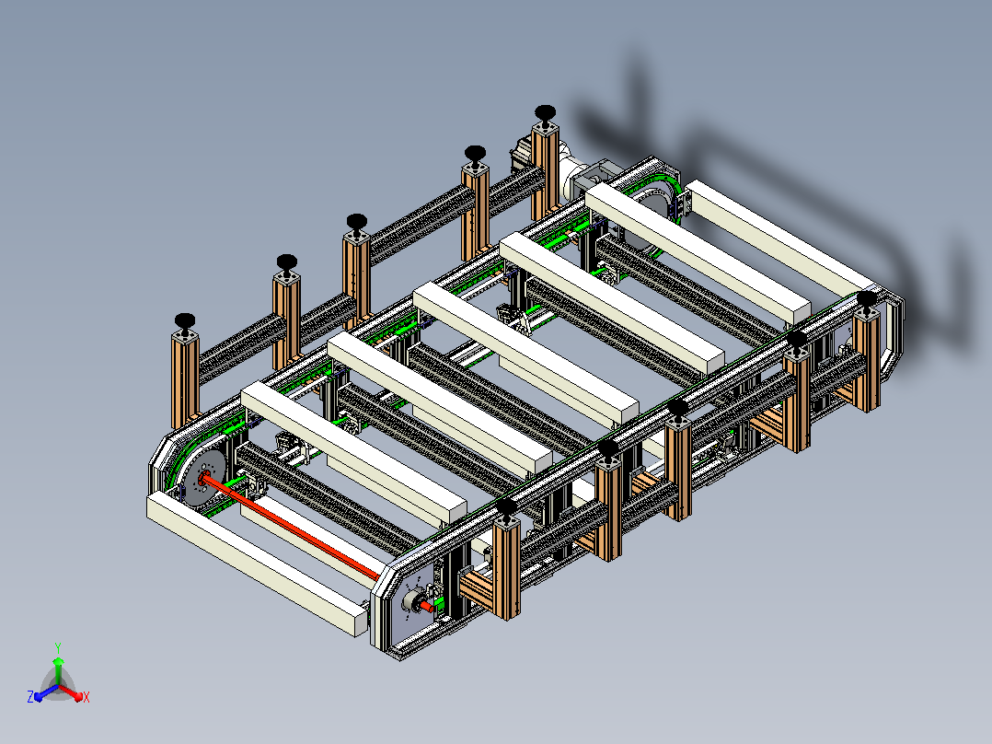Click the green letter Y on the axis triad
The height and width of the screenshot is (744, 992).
[58, 647]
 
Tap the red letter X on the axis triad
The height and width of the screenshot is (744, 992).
[87, 697]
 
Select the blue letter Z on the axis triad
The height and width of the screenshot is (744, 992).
[30, 696]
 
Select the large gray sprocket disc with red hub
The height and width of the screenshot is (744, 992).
[203, 478]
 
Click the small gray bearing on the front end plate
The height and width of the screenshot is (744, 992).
[412, 600]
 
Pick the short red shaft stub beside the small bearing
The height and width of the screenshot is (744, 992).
[428, 608]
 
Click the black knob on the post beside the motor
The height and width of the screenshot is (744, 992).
[545, 113]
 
